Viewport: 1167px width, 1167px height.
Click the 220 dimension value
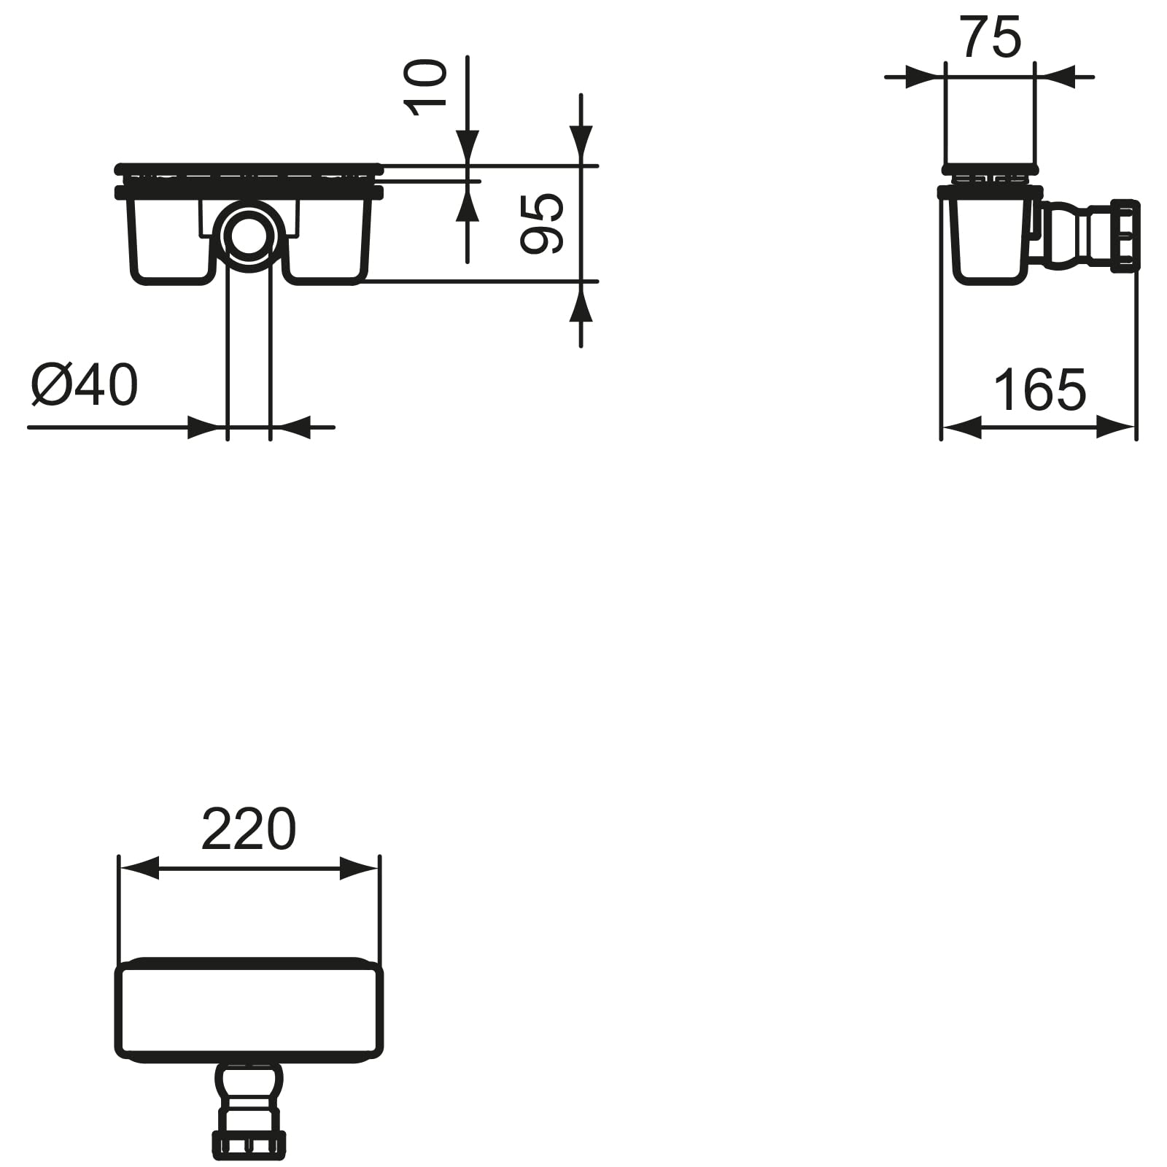(249, 829)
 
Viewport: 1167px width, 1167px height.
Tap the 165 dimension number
(1040, 390)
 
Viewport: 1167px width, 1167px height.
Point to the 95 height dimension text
(542, 223)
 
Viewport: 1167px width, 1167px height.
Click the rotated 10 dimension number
(425, 88)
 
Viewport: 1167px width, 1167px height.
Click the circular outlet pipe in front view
(249, 236)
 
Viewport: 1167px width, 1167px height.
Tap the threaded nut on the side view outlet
(1125, 236)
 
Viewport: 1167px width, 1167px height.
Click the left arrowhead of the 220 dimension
(139, 869)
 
